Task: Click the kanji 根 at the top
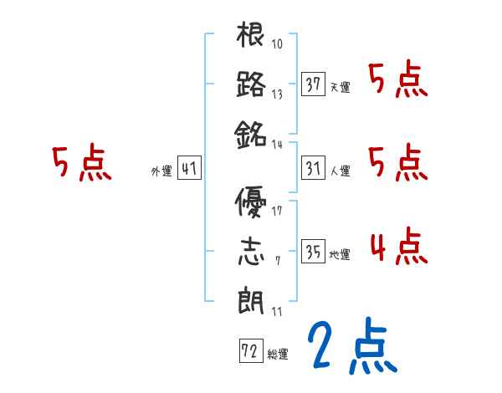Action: pyautogui.click(x=251, y=37)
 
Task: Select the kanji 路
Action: pyautogui.click(x=251, y=84)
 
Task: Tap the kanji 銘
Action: pyautogui.click(x=251, y=132)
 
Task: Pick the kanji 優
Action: pyautogui.click(x=251, y=203)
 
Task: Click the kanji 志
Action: pyautogui.click(x=251, y=251)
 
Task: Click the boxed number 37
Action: pyautogui.click(x=314, y=84)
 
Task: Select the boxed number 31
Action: pyautogui.click(x=314, y=168)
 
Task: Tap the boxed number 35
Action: pyautogui.click(x=314, y=251)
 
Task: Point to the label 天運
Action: pyautogui.click(x=340, y=87)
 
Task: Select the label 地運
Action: pyautogui.click(x=340, y=254)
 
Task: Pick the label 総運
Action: pyautogui.click(x=278, y=352)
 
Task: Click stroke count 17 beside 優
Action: pyautogui.click(x=277, y=211)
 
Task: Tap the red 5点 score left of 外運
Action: pyautogui.click(x=81, y=164)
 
